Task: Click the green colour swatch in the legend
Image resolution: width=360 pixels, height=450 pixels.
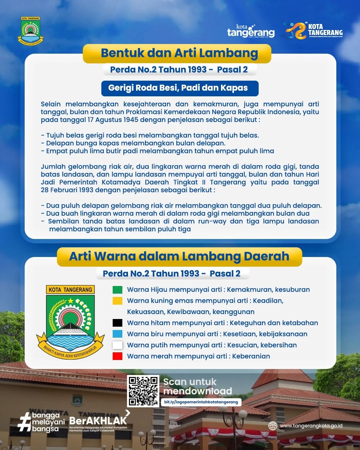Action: point(117,290)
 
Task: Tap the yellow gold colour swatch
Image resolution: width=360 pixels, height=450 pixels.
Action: point(117,301)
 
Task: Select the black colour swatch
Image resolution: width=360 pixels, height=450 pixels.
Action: point(117,323)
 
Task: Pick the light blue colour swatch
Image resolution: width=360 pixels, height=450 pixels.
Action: point(117,334)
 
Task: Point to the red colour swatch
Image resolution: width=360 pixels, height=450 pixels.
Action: point(117,356)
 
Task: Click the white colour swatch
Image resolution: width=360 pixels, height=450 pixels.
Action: point(117,345)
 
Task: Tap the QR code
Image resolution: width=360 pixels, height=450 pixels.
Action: point(143,391)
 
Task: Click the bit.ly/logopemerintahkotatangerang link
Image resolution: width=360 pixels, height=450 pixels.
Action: point(201,402)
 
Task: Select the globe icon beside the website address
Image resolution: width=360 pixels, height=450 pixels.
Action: point(273,426)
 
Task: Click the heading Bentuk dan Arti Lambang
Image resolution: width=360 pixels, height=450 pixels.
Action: point(179,53)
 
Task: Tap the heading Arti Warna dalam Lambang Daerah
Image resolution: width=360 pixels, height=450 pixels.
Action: point(179,256)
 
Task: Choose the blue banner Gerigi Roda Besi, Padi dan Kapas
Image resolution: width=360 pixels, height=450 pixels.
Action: point(180,88)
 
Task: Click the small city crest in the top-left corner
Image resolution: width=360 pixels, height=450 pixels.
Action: point(30,31)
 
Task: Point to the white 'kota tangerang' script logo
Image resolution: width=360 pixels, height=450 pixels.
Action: point(251,31)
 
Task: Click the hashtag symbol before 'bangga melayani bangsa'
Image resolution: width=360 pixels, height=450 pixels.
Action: point(25,422)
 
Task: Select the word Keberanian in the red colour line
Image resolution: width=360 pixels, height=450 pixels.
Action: point(251,356)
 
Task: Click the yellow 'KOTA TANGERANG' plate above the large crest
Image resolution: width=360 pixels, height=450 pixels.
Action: point(70,290)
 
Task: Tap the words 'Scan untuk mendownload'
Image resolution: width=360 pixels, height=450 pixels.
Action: point(197,386)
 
